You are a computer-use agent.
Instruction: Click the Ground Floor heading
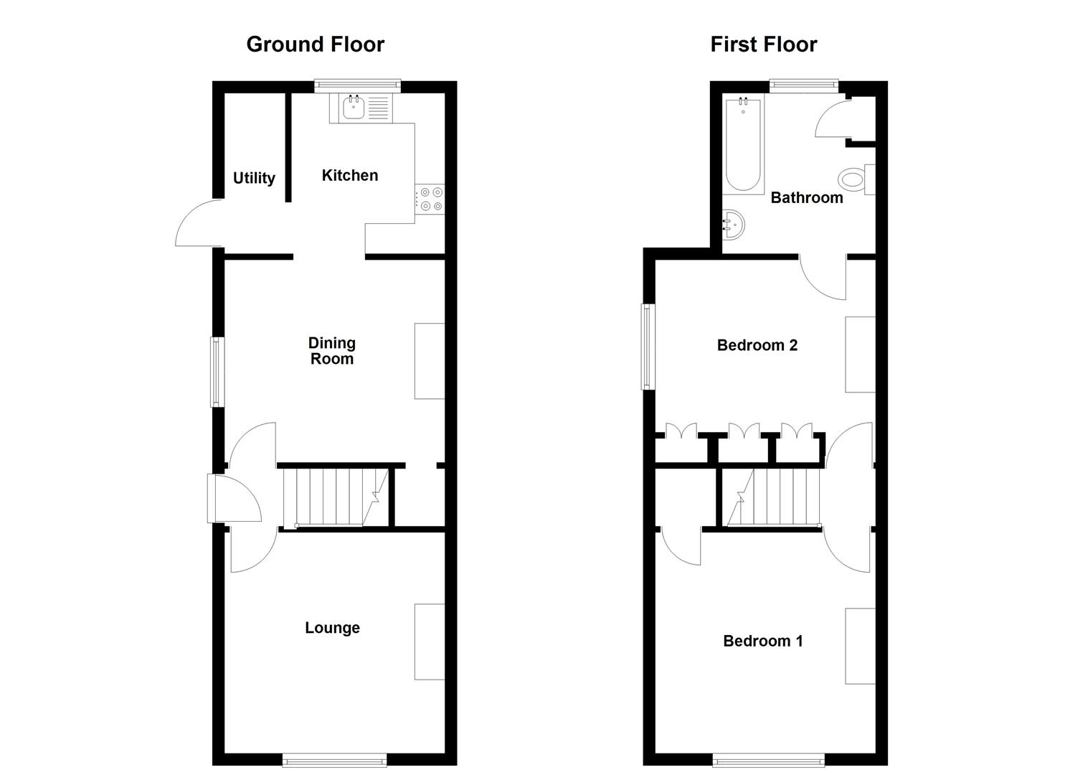coord(315,44)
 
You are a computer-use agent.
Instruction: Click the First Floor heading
coord(763,44)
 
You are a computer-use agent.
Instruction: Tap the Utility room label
coord(254,178)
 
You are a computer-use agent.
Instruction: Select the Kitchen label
coord(349,175)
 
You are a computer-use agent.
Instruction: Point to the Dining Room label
coord(332,351)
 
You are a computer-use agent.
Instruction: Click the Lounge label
coord(332,628)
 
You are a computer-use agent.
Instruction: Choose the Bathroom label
coord(806,198)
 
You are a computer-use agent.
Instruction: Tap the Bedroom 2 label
coord(757,345)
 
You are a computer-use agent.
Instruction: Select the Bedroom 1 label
coord(762,641)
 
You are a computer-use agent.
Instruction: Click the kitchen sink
coord(354,108)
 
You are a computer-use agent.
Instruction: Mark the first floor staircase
coord(775,497)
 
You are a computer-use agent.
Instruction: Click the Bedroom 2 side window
coord(648,347)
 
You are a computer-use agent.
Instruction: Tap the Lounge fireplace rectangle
coord(430,642)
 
